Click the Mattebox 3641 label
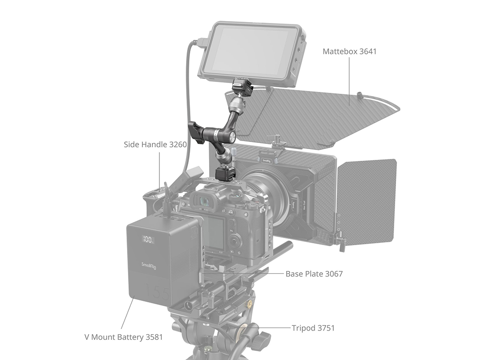[x=349, y=52]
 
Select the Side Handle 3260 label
[x=155, y=144]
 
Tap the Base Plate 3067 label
[x=314, y=274]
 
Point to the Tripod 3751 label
[x=313, y=328]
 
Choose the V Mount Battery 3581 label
[x=123, y=337]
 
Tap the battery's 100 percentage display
[x=148, y=239]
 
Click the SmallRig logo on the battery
[x=149, y=266]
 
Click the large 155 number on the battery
[x=158, y=292]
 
